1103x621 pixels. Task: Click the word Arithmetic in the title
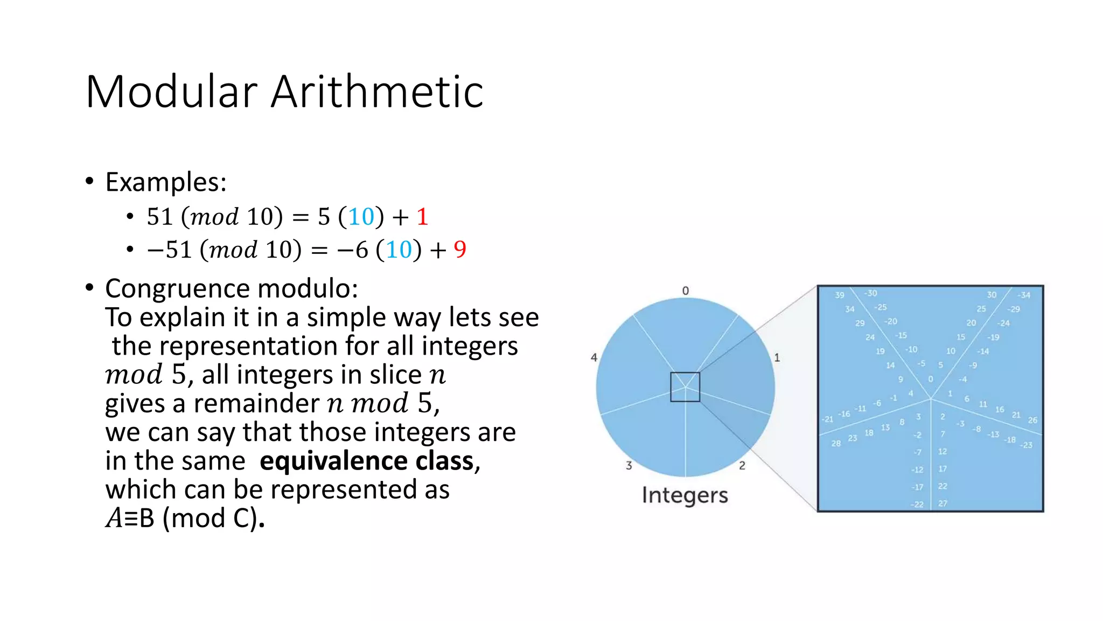pos(377,92)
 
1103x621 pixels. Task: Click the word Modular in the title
pos(171,92)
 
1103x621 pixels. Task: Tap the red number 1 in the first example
pos(422,217)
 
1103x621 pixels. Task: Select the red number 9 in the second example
pos(460,249)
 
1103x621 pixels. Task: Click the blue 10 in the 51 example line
pos(361,217)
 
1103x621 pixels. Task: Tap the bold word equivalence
pos(333,461)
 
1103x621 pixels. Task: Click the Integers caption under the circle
pos(685,495)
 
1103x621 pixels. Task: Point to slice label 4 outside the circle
pos(594,357)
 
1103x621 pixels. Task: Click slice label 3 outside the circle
pos(629,465)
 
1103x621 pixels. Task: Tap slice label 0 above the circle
pos(685,291)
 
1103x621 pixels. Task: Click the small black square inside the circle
pos(685,387)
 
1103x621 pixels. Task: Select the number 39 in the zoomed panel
pos(840,295)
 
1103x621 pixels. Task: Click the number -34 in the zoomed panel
pos(1024,295)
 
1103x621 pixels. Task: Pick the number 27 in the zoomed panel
pos(943,503)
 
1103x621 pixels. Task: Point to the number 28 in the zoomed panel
pos(835,444)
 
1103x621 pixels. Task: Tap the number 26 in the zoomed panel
pos(1032,420)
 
